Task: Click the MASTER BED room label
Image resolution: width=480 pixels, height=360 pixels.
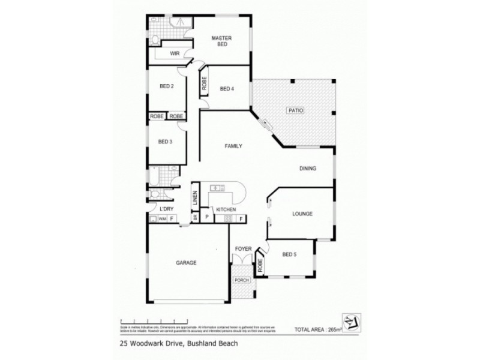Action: coord(221,41)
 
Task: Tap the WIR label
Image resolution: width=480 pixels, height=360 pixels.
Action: coord(175,54)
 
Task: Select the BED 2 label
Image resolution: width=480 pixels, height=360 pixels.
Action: coord(167,86)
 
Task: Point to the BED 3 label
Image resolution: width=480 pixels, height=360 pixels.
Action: coord(166,142)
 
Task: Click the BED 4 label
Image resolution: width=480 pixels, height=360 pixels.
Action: coord(227,89)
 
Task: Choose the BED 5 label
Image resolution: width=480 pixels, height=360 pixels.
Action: coord(290,254)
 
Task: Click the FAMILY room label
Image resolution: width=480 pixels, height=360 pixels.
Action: coord(233,146)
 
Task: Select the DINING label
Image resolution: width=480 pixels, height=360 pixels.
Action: coord(308,169)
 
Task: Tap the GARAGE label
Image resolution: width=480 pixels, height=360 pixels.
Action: coord(187,262)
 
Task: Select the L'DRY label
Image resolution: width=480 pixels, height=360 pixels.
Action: coord(167,209)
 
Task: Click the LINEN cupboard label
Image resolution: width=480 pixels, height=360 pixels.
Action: coord(195,198)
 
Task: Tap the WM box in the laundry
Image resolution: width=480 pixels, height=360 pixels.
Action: coord(162,219)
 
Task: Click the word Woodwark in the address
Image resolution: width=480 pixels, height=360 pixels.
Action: coord(148,344)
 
